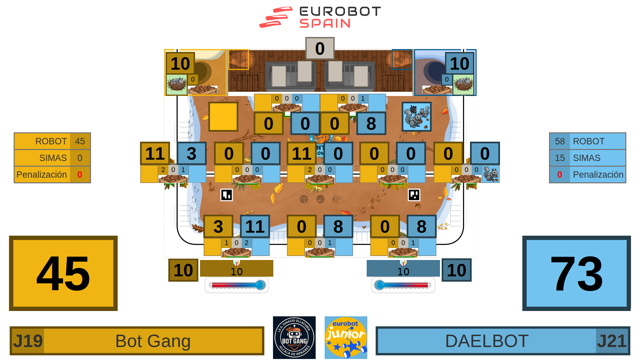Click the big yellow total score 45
(63, 273)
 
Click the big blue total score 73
(576, 273)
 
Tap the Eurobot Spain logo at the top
(320, 17)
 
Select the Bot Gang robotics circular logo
(294, 337)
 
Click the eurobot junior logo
(346, 337)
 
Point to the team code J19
(28, 341)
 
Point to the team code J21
(612, 341)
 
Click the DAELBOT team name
(487, 341)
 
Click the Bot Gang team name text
(153, 341)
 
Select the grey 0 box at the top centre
(320, 48)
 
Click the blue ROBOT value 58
(560, 141)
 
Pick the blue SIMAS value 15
(560, 158)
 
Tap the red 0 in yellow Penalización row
(80, 175)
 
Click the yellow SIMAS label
(53, 158)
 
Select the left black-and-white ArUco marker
(227, 195)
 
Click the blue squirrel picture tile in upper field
(417, 117)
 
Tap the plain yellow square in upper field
(223, 117)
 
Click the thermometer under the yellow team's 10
(237, 285)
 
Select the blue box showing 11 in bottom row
(255, 226)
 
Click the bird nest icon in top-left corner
(177, 84)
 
